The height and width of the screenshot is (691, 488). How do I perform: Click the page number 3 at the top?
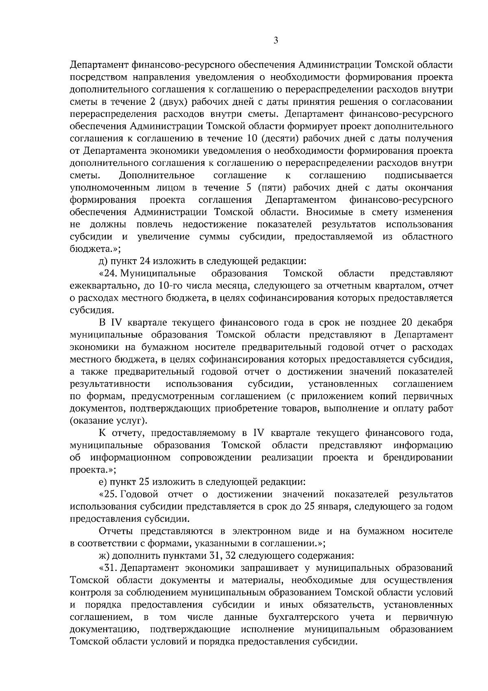[x=276, y=40]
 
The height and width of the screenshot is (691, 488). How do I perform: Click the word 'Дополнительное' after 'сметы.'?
[x=157, y=175]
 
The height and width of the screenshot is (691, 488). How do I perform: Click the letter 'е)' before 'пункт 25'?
[x=103, y=482]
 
